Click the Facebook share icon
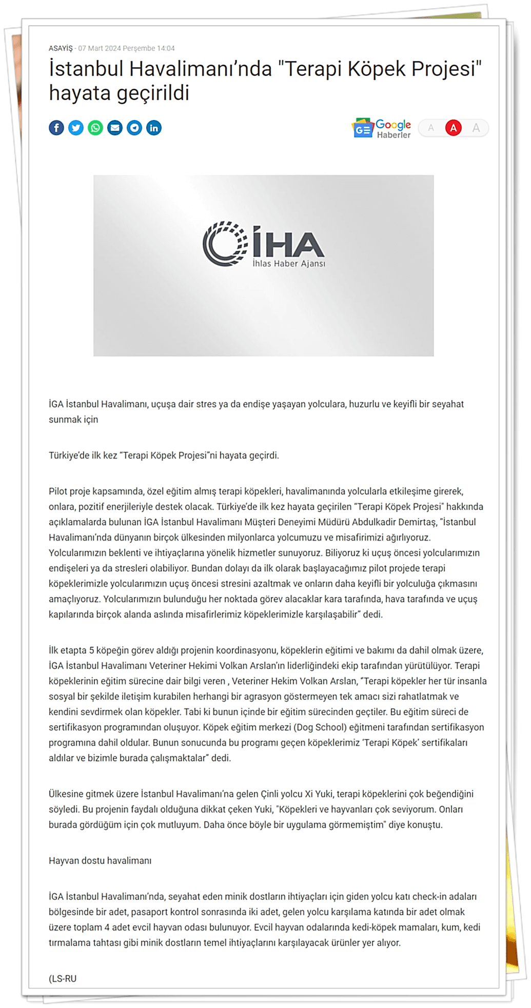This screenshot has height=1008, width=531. pyautogui.click(x=56, y=128)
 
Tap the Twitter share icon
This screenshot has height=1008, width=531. pyautogui.click(x=76, y=128)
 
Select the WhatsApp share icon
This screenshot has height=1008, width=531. pyautogui.click(x=95, y=128)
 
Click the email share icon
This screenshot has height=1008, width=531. pyautogui.click(x=115, y=128)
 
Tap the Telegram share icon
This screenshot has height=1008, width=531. pyautogui.click(x=134, y=128)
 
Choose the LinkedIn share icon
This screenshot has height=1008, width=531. pyautogui.click(x=154, y=128)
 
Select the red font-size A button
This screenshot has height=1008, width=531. pyautogui.click(x=453, y=128)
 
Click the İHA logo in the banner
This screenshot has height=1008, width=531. pyautogui.click(x=263, y=244)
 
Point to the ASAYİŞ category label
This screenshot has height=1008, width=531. pyautogui.click(x=61, y=48)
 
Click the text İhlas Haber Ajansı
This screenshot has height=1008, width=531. pyautogui.click(x=289, y=264)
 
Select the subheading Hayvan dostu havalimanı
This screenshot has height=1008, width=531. pyautogui.click(x=100, y=860)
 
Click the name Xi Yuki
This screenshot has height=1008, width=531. pyautogui.click(x=319, y=794)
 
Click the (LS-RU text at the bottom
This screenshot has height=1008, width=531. pyautogui.click(x=63, y=978)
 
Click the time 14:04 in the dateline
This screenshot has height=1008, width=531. pyautogui.click(x=166, y=48)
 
